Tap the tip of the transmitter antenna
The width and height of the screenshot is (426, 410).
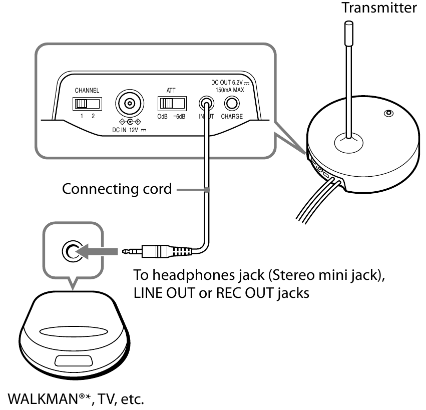coord(349,25)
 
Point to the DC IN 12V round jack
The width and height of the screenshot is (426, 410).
coord(130,104)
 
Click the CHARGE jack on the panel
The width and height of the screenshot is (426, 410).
coord(231,104)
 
